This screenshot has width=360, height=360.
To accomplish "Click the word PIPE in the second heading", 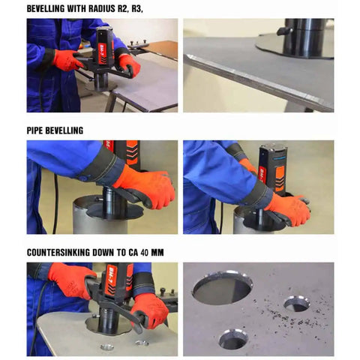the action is coord(34,130).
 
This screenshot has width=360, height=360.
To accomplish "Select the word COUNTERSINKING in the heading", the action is coord(58,253).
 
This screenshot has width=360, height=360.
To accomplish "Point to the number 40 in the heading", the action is coord(145,253).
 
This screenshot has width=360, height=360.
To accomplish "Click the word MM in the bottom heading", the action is coord(157,253).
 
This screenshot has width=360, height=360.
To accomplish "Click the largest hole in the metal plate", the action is coord(222,287).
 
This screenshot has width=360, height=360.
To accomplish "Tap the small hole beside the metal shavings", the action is coord(297,304).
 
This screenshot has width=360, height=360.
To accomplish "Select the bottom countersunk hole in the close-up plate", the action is coord(233,339).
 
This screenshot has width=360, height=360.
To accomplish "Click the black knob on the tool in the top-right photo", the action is coord(285,31).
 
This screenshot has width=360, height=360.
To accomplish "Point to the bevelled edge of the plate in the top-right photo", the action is coord(257,81).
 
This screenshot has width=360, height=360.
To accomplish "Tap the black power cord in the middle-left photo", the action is coord(55,204).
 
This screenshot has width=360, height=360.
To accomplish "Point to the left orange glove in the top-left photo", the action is coord(67,60).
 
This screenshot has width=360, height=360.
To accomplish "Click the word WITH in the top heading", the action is coord(76,9).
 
